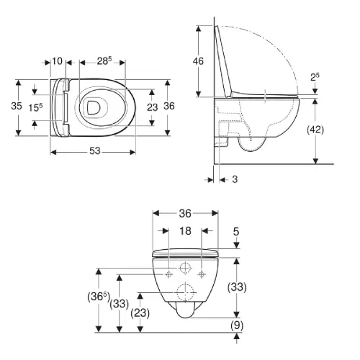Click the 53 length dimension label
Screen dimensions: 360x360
[x=95, y=151]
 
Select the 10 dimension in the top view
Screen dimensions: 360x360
[x=58, y=61]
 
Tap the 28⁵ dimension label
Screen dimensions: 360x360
[x=104, y=61]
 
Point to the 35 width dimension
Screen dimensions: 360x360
[x=17, y=106]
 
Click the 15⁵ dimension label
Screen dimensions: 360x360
[x=35, y=107]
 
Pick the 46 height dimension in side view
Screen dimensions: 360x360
[x=198, y=61]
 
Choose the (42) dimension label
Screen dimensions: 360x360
[x=315, y=130]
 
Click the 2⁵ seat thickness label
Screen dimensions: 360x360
[x=315, y=77]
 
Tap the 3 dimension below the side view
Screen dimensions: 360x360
[x=235, y=179]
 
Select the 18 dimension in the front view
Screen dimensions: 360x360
[x=185, y=231]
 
